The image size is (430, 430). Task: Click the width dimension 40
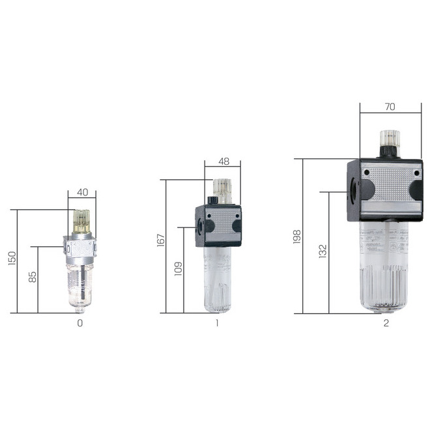(82, 192)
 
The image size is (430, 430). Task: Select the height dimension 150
(11, 259)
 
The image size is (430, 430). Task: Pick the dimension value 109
(178, 268)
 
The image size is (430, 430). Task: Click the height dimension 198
(297, 236)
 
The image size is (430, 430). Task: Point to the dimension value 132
(322, 251)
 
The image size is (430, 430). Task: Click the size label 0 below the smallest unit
(80, 322)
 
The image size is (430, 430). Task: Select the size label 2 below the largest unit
(386, 322)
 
